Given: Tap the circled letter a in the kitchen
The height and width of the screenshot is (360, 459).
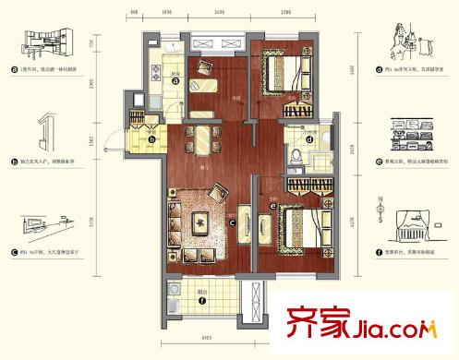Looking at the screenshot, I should point(175,79).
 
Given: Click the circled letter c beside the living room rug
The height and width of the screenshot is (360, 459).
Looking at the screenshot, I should point(233,222).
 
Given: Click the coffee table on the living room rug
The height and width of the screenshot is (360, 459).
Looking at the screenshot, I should point(199,222).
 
